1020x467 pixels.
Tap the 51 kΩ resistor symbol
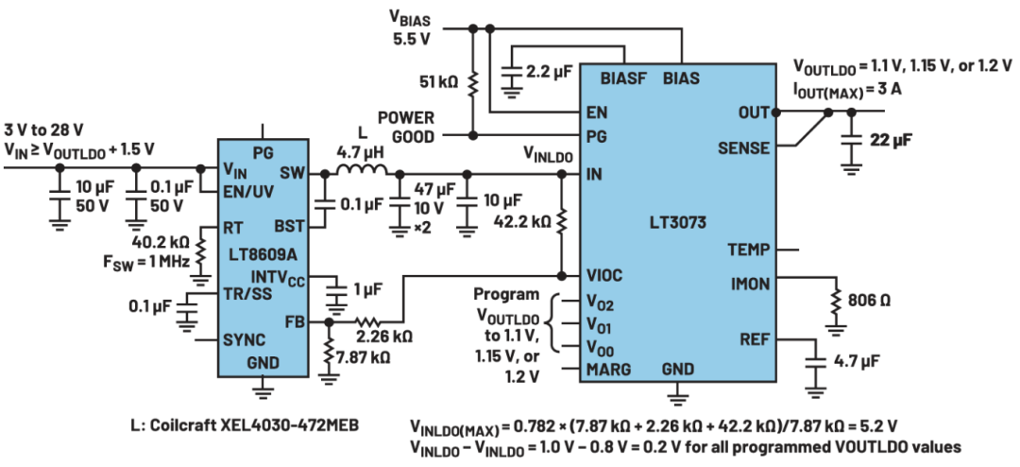click(x=473, y=83)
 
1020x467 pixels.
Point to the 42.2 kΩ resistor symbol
click(x=561, y=221)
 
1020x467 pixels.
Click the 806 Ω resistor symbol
click(x=837, y=301)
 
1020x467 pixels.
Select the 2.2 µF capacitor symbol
click(x=513, y=70)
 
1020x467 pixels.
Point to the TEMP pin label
click(x=749, y=250)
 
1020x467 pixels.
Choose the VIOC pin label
click(x=603, y=275)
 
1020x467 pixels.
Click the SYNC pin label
click(x=244, y=340)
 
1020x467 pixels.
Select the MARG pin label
click(x=608, y=370)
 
